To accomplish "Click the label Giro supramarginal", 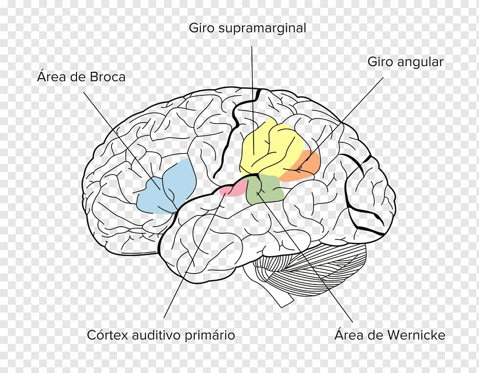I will (x=247, y=28).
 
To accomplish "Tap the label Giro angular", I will (x=405, y=62).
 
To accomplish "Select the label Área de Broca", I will (x=81, y=77).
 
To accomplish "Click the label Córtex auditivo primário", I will (x=161, y=335).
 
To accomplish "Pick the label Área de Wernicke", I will (x=389, y=335).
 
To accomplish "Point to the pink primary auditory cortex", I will (x=233, y=188).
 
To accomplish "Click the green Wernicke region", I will (x=266, y=190).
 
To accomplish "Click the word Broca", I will (x=107, y=77).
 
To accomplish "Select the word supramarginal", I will (x=262, y=29).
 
